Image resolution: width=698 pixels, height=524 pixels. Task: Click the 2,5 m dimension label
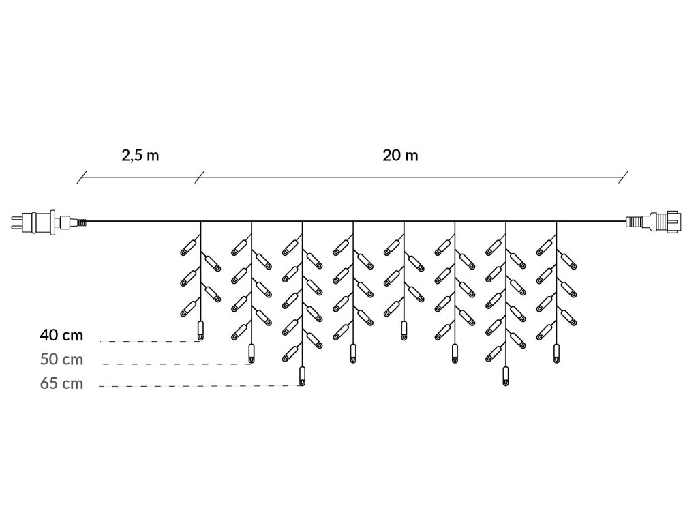click(140, 155)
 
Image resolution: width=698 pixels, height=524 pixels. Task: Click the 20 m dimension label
click(401, 155)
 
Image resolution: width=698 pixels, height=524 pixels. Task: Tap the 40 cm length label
click(62, 335)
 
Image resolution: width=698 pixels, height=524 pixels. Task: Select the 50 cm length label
click(62, 359)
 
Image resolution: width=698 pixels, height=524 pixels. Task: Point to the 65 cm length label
click(62, 383)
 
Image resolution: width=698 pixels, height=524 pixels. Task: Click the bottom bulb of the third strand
click(302, 376)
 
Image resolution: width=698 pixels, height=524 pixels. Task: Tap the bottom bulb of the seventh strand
click(505, 376)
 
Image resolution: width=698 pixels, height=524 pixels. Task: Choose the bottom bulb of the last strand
click(556, 353)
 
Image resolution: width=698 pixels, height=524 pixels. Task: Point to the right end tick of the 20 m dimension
click(623, 178)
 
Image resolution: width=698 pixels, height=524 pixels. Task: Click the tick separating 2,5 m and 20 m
click(199, 178)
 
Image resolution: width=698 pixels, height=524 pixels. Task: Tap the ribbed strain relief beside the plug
click(82, 221)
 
